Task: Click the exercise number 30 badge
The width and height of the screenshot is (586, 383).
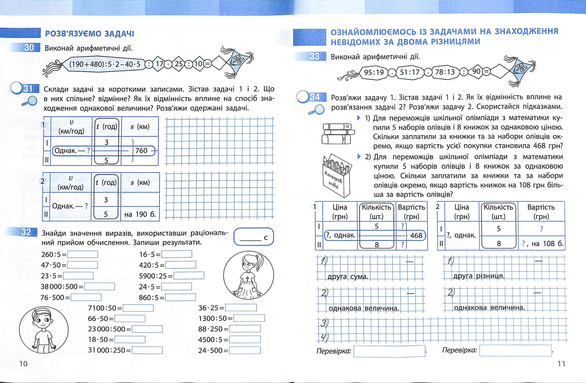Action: [29, 48]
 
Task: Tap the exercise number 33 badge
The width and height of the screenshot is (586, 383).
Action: [314, 56]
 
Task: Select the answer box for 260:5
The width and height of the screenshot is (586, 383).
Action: [83, 254]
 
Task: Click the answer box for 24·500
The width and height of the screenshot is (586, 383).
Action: [245, 350]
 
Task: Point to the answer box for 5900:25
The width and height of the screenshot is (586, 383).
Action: [189, 276]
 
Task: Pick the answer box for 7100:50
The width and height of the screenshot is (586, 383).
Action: [138, 308]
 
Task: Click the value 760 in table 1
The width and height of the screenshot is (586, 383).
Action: [141, 151]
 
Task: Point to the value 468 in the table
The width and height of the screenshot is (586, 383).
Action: [416, 235]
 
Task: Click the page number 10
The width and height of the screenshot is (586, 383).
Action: [23, 364]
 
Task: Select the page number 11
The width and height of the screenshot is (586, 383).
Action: [561, 364]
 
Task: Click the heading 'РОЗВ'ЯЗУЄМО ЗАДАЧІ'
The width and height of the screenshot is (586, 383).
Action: [89, 33]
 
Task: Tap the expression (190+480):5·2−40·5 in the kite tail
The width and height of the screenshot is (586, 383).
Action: [105, 64]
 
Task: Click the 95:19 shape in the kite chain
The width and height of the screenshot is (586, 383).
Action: [374, 72]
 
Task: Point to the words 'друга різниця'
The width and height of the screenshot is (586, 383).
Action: [478, 276]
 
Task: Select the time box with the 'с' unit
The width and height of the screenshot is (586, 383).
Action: [254, 237]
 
